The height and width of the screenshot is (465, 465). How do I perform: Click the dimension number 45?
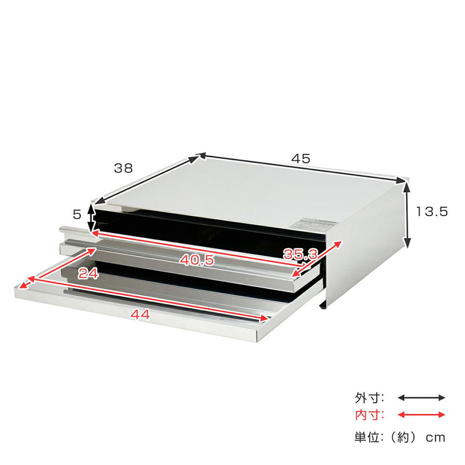(300, 158)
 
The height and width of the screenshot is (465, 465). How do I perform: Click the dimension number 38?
(123, 168)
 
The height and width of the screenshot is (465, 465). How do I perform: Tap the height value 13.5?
(431, 212)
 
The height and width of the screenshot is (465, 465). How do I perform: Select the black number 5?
(77, 214)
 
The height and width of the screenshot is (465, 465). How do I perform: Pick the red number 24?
(88, 274)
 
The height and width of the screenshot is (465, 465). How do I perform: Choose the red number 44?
(140, 315)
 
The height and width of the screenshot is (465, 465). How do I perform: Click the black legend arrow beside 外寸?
(422, 398)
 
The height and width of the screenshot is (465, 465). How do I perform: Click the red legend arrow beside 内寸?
(422, 415)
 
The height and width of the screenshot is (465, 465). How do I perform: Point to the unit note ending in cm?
(400, 437)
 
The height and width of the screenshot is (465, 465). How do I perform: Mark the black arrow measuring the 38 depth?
(149, 179)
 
